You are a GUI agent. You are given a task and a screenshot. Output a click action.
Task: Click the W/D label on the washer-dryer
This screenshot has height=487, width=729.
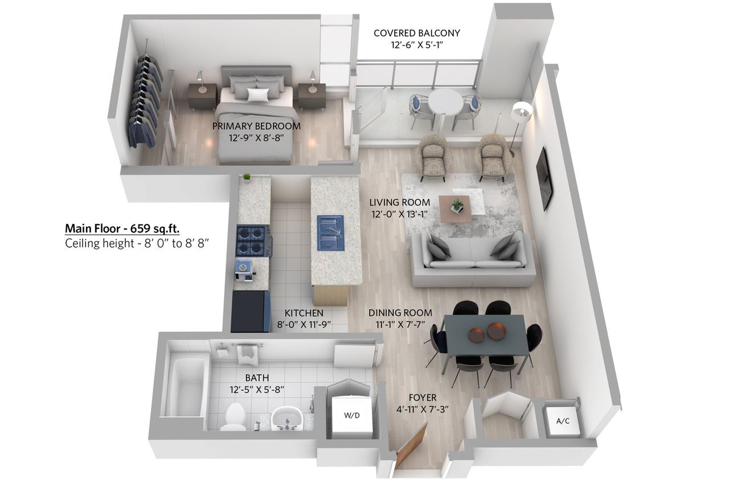(352, 415)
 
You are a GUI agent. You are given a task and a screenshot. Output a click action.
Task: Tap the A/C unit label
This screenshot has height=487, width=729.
(563, 421)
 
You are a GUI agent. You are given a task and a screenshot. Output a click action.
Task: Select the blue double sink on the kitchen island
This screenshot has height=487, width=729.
(331, 233)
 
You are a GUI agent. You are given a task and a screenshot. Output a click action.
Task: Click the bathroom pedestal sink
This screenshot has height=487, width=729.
(287, 419)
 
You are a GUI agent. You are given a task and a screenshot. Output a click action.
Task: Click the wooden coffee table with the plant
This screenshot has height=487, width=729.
(454, 208)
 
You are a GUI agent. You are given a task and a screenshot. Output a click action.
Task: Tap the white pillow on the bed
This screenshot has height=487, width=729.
(258, 95)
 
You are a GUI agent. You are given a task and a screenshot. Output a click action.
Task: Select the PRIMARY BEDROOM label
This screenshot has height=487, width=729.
(256, 126)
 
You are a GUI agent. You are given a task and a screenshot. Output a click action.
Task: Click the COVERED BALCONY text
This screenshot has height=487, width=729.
(416, 33)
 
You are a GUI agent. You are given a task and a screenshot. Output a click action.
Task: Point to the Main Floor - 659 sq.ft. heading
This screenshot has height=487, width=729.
(122, 228)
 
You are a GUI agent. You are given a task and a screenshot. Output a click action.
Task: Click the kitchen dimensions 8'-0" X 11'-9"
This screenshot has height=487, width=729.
(304, 325)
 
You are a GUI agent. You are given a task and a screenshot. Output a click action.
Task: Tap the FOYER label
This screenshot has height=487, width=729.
(423, 398)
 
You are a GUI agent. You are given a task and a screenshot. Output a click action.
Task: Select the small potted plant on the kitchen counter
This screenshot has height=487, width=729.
(247, 177)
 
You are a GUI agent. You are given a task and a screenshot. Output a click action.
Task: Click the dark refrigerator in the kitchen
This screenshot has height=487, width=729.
(251, 311)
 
